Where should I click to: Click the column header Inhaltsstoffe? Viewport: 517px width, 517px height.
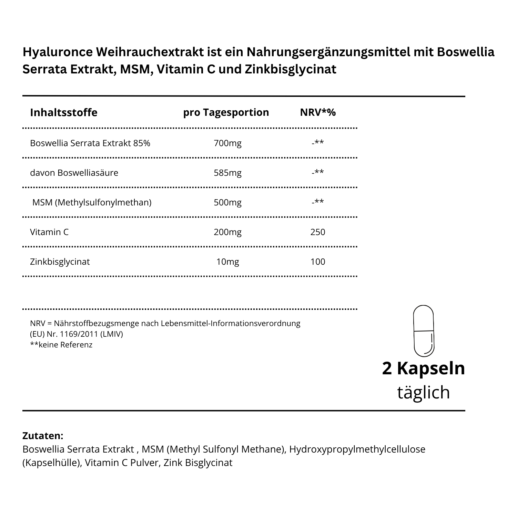click(64, 112)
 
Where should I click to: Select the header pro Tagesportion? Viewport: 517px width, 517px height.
click(226, 112)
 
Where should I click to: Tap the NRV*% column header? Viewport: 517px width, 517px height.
click(318, 112)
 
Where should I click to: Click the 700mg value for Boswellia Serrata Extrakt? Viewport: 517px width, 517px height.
click(227, 143)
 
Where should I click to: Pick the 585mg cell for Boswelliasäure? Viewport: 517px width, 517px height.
click(227, 173)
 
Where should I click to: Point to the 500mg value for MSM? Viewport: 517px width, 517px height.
click(227, 202)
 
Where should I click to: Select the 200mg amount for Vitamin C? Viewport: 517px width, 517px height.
click(227, 232)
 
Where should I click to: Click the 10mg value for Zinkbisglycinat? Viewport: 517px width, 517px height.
click(227, 262)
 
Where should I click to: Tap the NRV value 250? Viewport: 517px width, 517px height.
click(318, 232)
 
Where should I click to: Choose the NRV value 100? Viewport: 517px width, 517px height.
click(318, 262)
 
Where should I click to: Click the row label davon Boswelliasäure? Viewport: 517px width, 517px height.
click(74, 173)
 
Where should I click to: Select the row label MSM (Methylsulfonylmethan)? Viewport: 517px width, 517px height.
click(92, 202)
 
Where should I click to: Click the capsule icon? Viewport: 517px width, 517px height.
click(424, 331)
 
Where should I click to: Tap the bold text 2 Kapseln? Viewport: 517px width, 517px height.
click(424, 368)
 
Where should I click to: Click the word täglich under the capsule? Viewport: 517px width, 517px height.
click(424, 392)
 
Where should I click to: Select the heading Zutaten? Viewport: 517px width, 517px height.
click(43, 436)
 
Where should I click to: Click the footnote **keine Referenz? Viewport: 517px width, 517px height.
click(61, 345)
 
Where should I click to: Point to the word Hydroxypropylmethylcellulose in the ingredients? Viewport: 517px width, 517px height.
click(357, 449)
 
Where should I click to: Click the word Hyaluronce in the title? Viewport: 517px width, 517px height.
click(58, 52)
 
